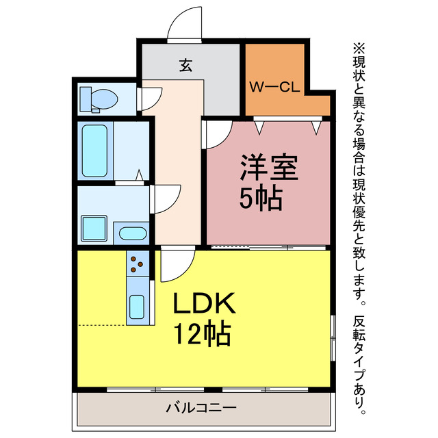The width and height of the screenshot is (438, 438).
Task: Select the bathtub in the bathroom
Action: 94,150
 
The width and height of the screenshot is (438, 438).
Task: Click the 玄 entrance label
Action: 185,66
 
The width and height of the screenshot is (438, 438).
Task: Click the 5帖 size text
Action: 261,198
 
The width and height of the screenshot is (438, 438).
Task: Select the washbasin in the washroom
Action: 132,233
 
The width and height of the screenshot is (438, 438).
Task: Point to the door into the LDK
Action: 177,264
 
